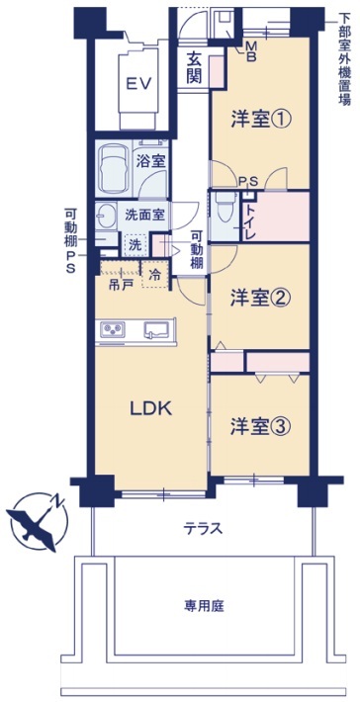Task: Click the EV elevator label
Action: [137, 83]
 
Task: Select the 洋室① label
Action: [260, 120]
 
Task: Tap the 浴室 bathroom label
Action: [150, 160]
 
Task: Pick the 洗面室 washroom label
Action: [143, 214]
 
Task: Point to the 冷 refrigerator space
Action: [155, 276]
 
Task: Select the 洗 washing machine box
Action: [133, 244]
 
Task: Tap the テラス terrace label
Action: [203, 528]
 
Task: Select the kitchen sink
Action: [156, 329]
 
